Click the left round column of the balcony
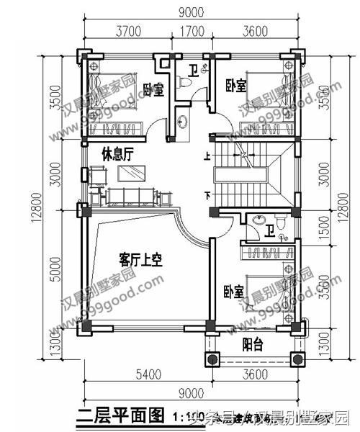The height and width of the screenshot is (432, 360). tap(212, 358)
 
